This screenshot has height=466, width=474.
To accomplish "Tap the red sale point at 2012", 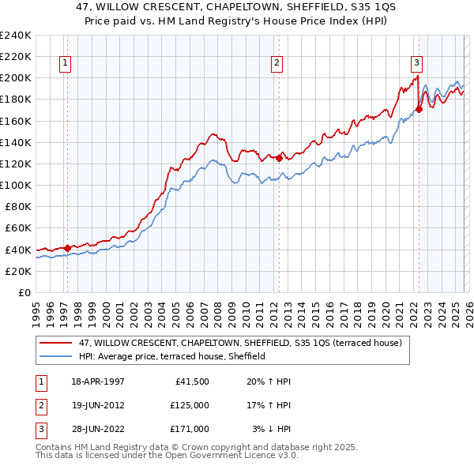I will pyautogui.click(x=279, y=158).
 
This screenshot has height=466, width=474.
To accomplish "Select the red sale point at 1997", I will pyautogui.click(x=67, y=247).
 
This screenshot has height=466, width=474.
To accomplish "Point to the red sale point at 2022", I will pyautogui.click(x=419, y=109).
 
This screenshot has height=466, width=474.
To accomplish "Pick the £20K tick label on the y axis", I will pyautogui.click(x=17, y=271).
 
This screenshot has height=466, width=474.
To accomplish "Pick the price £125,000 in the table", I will pyautogui.click(x=189, y=405).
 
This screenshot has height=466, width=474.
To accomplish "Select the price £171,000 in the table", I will pyautogui.click(x=189, y=429).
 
